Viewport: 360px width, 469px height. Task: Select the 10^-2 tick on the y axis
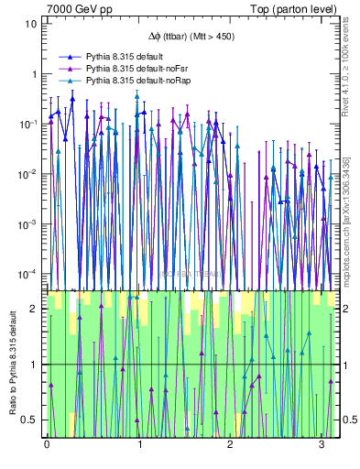(x=27, y=174)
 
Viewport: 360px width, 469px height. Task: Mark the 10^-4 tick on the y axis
(x=27, y=274)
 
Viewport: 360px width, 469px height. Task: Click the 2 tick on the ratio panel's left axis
(x=34, y=309)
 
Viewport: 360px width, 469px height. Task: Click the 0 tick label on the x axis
(x=47, y=444)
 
